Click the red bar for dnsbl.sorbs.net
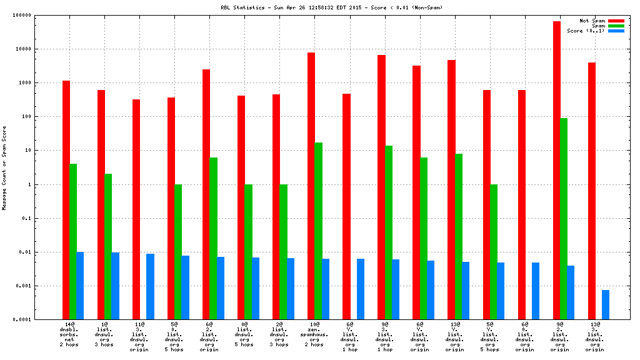[x=66, y=200]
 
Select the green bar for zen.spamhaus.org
[x=319, y=231]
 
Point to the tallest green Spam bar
[x=564, y=219]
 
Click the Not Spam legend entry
[x=592, y=21]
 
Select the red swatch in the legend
[x=616, y=21]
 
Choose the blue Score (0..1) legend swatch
[x=616, y=31]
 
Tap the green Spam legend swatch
[x=616, y=26]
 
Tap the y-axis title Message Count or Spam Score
[x=4, y=167]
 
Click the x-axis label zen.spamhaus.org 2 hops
[x=314, y=334]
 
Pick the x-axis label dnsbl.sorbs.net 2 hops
[x=69, y=334]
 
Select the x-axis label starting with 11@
[x=139, y=337]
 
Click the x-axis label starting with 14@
[x=69, y=324]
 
